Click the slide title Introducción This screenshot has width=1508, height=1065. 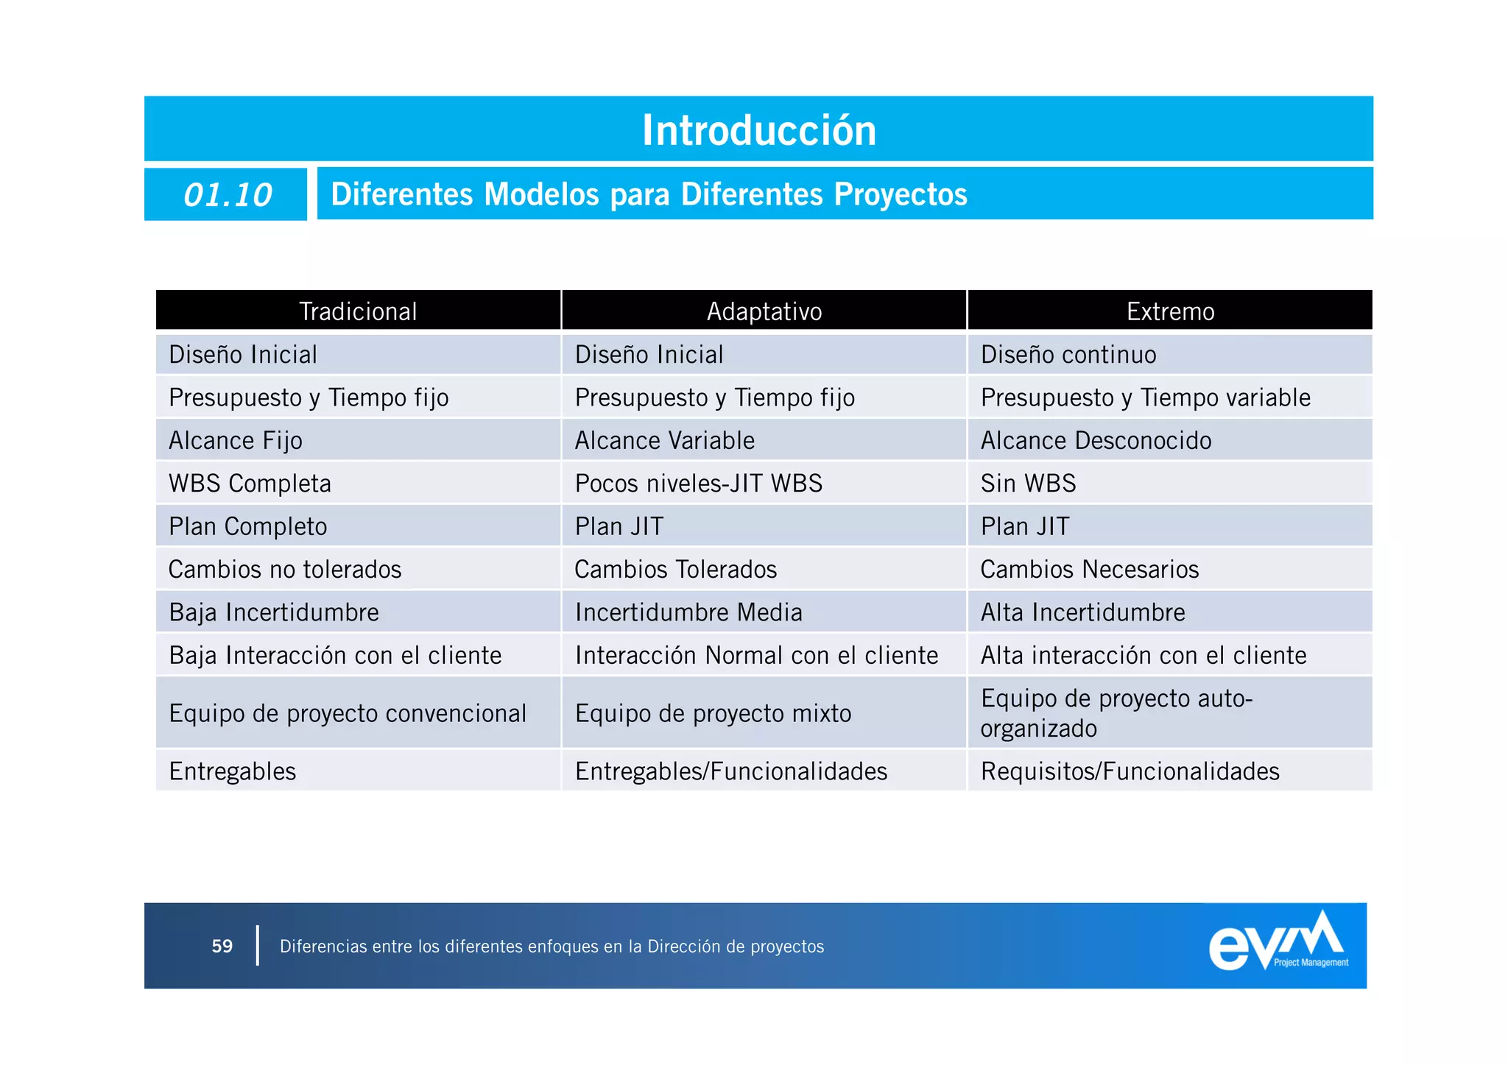click(759, 130)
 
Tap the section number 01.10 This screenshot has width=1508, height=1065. click(227, 195)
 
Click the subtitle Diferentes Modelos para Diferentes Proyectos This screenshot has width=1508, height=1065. click(649, 194)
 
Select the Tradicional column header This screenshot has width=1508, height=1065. click(358, 311)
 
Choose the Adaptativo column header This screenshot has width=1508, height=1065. click(764, 311)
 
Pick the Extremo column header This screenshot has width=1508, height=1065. click(1170, 311)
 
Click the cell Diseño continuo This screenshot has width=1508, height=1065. click(1068, 355)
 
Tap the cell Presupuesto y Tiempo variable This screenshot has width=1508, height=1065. click(1145, 397)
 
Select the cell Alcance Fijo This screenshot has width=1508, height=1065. click(236, 440)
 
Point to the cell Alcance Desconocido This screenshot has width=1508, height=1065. click(1096, 440)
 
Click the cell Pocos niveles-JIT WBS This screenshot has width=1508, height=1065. click(698, 484)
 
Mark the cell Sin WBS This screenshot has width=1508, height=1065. click(1028, 484)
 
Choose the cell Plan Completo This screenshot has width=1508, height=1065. click(248, 526)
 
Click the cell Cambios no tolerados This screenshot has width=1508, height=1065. click(285, 570)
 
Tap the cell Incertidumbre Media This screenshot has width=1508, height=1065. click(688, 612)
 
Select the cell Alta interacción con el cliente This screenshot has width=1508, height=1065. click(1144, 655)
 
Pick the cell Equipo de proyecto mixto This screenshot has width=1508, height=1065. click(713, 713)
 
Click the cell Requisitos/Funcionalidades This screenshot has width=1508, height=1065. click(1130, 771)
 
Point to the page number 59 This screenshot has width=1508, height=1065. click(222, 946)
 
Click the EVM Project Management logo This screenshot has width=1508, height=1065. click(1278, 943)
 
